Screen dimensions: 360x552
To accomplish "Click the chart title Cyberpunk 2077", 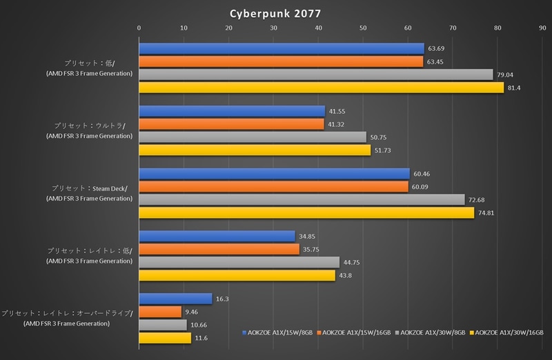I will tap(276, 12).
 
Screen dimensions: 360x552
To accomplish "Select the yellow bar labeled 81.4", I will tap(322, 88).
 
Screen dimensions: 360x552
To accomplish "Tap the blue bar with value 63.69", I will tap(282, 48).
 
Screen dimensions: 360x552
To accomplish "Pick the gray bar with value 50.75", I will tap(253, 137).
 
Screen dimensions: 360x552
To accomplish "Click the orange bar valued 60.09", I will tap(273, 186).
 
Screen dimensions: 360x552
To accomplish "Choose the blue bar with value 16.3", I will tap(175, 299).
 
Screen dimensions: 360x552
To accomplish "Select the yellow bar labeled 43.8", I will tap(237, 275).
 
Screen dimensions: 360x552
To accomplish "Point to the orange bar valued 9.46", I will tap(160, 312).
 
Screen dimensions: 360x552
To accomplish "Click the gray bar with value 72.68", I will tap(302, 199).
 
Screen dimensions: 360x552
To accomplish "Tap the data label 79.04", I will tap(507, 74).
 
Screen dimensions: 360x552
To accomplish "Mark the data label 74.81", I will tap(488, 213).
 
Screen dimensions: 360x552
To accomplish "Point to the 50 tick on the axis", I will tap(363, 28).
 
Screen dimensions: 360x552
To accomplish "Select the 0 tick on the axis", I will tap(139, 28).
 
